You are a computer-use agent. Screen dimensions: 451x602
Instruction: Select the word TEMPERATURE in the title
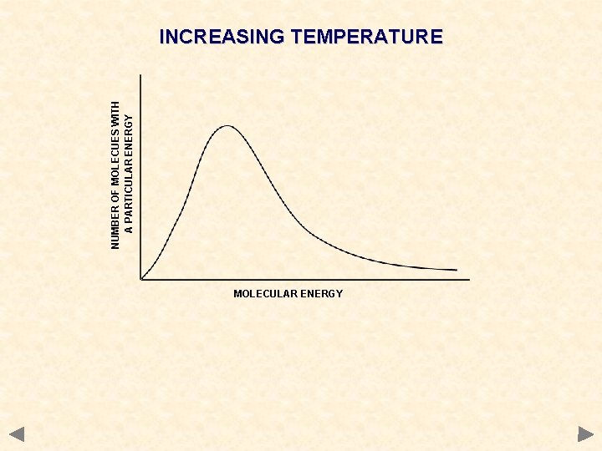pos(366,37)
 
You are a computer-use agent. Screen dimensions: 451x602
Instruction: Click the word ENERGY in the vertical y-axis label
pos(129,131)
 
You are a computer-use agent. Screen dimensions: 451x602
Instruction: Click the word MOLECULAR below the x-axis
pos(263,294)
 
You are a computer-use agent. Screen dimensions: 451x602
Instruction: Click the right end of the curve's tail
pos(457,270)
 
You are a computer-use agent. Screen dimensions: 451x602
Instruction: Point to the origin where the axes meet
pos(141,279)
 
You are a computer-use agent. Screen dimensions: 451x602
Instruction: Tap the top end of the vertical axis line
pos(141,76)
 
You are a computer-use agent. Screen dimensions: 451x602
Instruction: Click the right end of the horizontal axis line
pos(469,279)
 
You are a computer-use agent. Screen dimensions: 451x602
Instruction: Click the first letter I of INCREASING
pos(162,37)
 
